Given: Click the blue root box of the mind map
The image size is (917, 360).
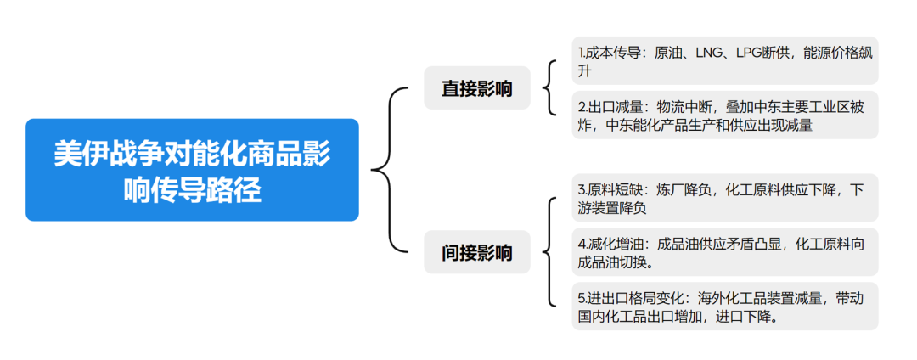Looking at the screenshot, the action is [192, 170].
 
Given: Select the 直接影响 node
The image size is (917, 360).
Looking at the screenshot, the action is [476, 88].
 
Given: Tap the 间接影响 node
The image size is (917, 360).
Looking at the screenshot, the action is [476, 252].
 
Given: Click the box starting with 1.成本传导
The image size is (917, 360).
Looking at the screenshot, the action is [724, 61].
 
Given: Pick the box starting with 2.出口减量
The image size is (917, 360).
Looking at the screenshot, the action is [724, 115].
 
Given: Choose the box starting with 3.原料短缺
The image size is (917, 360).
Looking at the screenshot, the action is [724, 198].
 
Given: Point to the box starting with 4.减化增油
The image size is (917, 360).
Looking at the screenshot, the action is [724, 252].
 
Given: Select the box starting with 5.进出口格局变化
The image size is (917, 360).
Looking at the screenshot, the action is [724, 307].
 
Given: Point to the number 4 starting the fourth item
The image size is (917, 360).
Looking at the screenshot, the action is [582, 245].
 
